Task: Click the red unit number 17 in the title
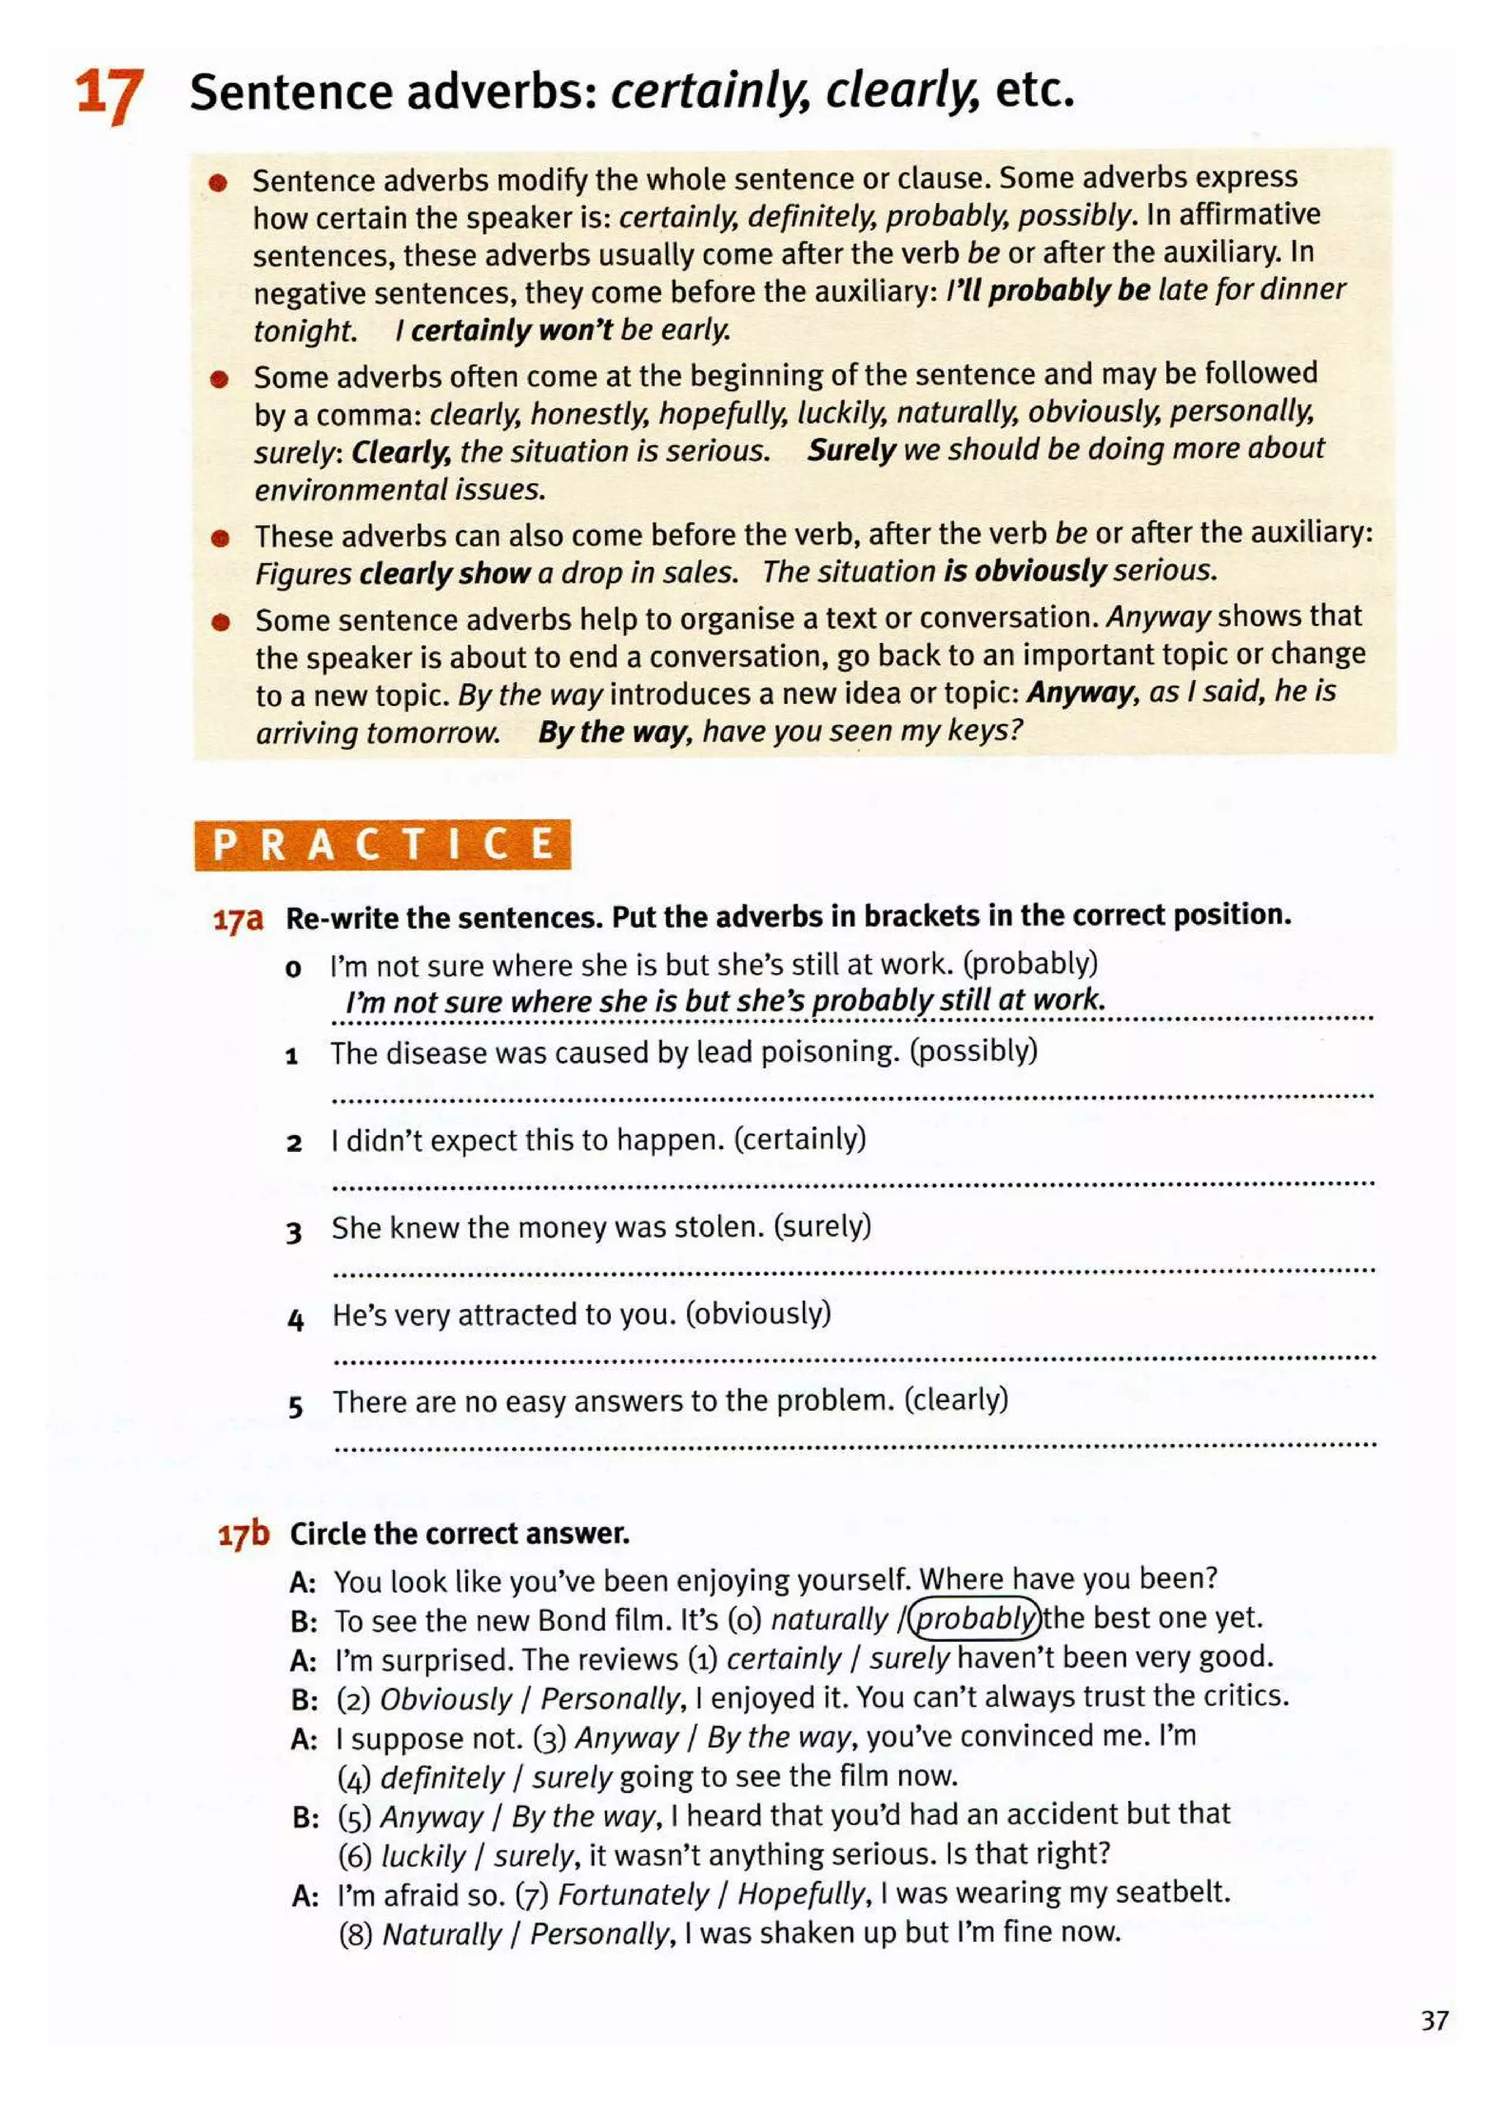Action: [x=109, y=95]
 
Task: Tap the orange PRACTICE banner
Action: [x=382, y=844]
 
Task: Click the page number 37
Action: [x=1434, y=2019]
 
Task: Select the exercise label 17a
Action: [x=238, y=919]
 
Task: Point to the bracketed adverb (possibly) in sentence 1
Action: [x=973, y=1051]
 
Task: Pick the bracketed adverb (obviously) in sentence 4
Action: [x=758, y=1313]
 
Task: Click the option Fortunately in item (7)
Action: [x=633, y=1893]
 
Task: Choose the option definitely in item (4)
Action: [x=442, y=1777]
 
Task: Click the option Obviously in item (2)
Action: [x=445, y=1698]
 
